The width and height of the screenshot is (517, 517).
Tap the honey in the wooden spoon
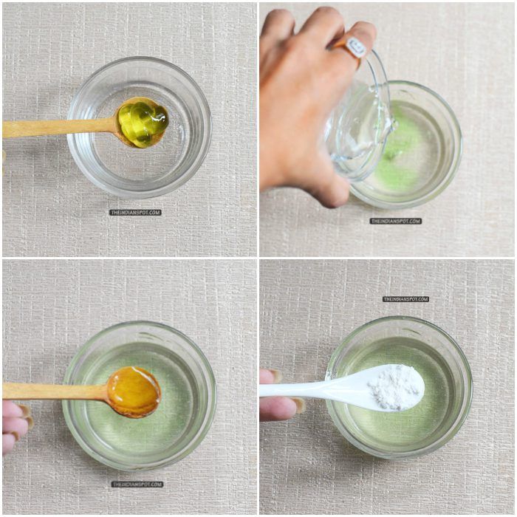[134, 390]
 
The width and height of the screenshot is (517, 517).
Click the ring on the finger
[352, 47]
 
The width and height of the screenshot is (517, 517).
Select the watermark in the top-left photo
[135, 213]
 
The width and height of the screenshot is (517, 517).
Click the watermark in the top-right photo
[395, 221]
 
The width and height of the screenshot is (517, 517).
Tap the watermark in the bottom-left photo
[137, 484]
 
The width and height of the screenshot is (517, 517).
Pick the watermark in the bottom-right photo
[406, 299]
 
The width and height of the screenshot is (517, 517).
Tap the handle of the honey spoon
[55, 391]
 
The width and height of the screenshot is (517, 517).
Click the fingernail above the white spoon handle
[275, 375]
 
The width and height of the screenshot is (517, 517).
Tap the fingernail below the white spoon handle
[299, 405]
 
